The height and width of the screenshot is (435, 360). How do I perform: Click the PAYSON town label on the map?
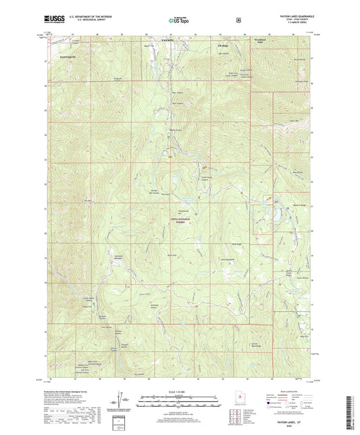click(168, 41)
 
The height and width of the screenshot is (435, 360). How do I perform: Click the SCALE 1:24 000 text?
click(180, 390)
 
